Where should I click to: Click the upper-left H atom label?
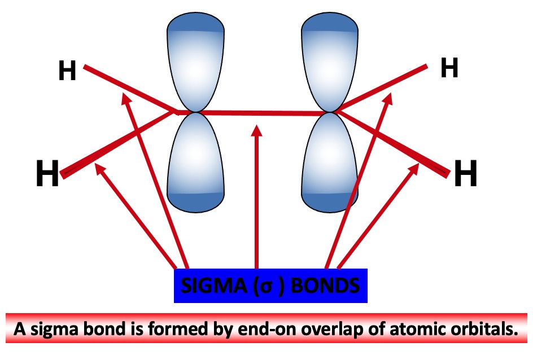(x=67, y=72)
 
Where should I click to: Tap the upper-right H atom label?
(x=449, y=68)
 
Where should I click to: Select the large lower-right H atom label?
(x=465, y=173)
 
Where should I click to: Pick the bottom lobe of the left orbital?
(x=195, y=164)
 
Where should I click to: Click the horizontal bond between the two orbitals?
(x=260, y=113)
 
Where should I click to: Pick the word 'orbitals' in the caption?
(x=486, y=330)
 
